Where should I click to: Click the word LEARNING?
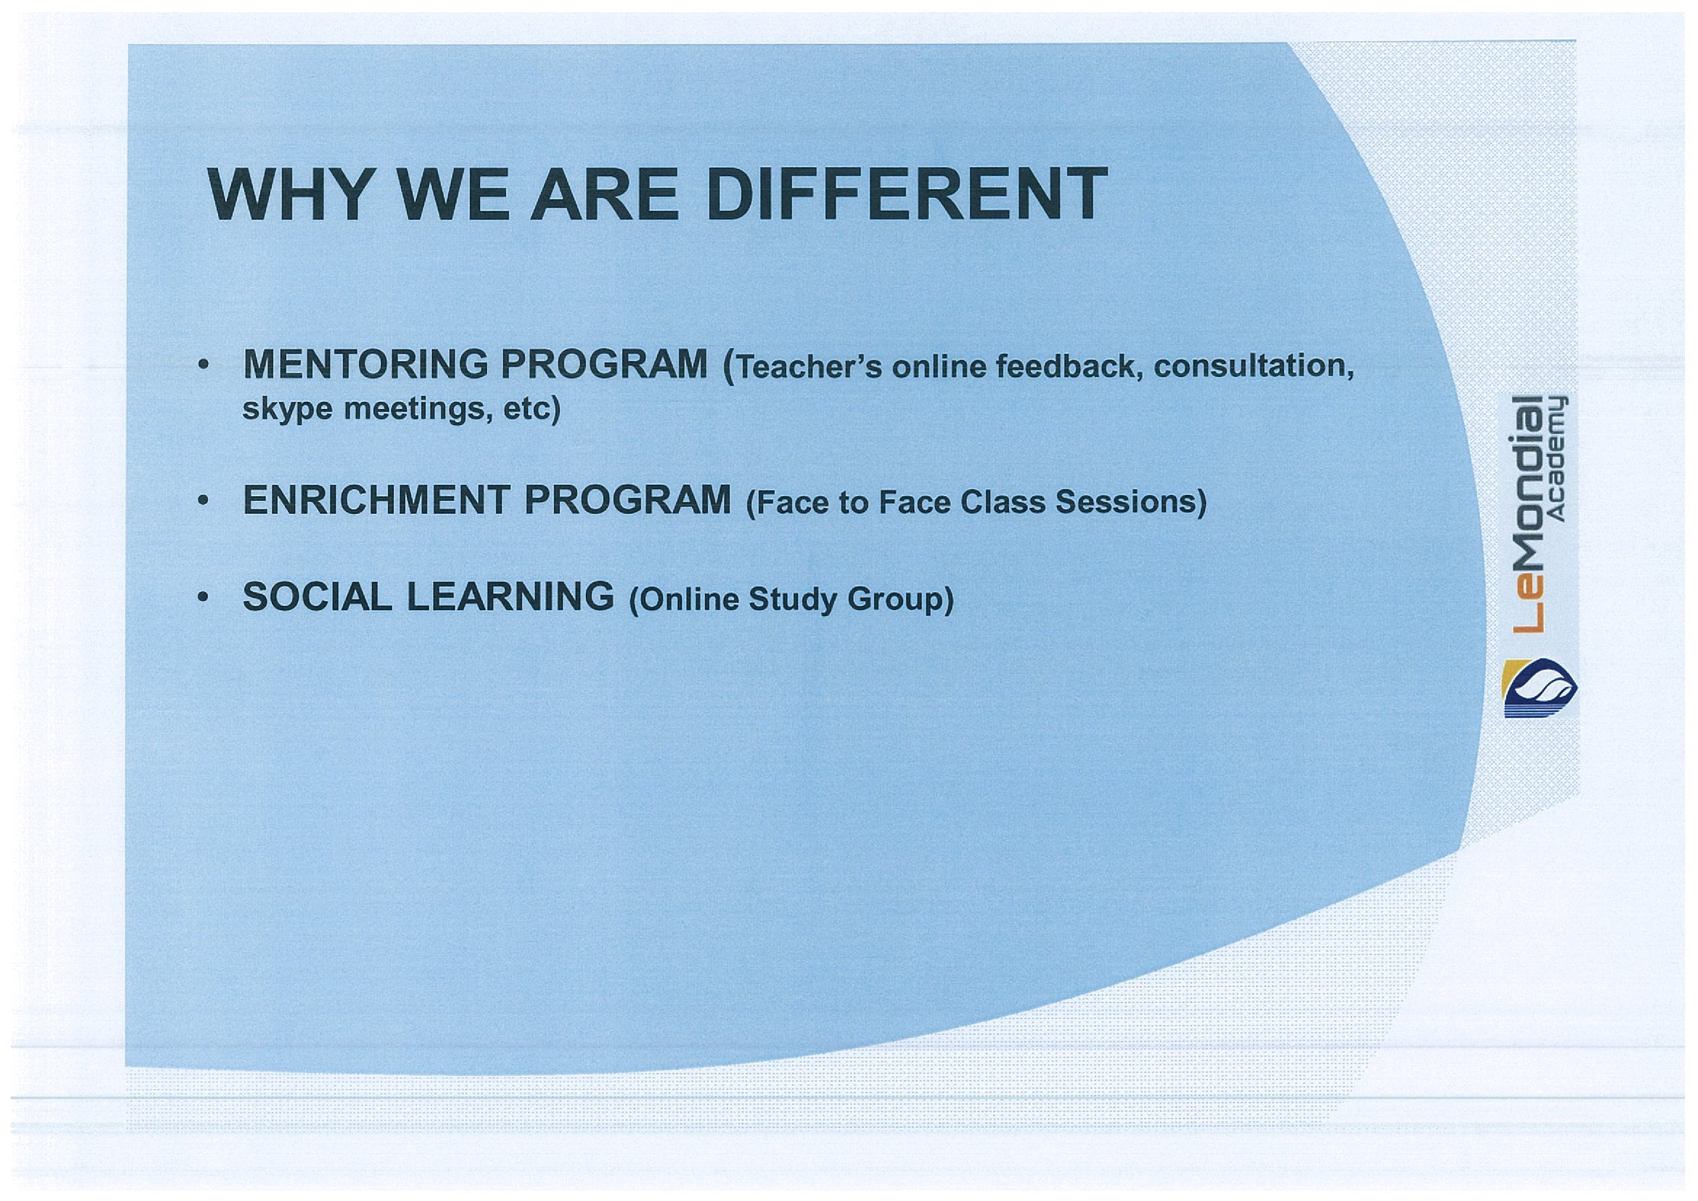click(x=510, y=596)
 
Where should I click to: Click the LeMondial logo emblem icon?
click(x=1539, y=688)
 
